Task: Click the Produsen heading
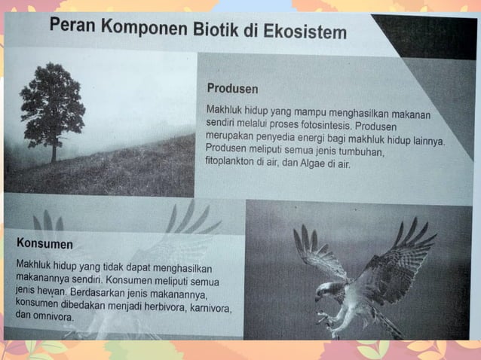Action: [x=232, y=89]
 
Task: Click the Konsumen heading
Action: [x=44, y=243]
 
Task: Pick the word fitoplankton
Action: [x=237, y=163]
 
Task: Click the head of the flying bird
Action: [x=323, y=290]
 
